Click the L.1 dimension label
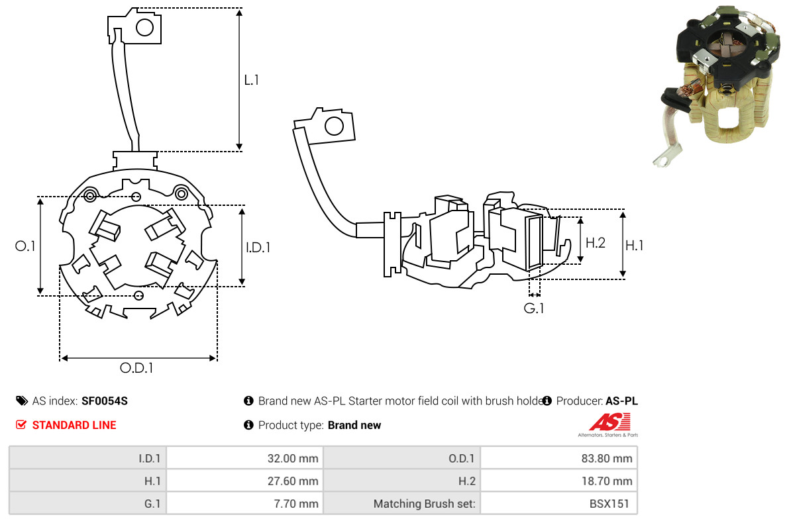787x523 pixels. tap(251, 79)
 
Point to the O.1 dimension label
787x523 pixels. tap(25, 246)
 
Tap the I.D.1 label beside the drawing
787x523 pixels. tap(258, 247)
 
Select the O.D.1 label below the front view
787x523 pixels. tap(136, 368)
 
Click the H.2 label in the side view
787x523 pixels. tap(596, 243)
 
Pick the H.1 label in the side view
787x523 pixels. tap(635, 245)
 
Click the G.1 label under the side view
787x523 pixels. tap(533, 308)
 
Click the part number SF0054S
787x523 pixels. tap(105, 401)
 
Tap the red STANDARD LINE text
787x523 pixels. tap(74, 425)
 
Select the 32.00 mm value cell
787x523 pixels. tap(245, 458)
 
